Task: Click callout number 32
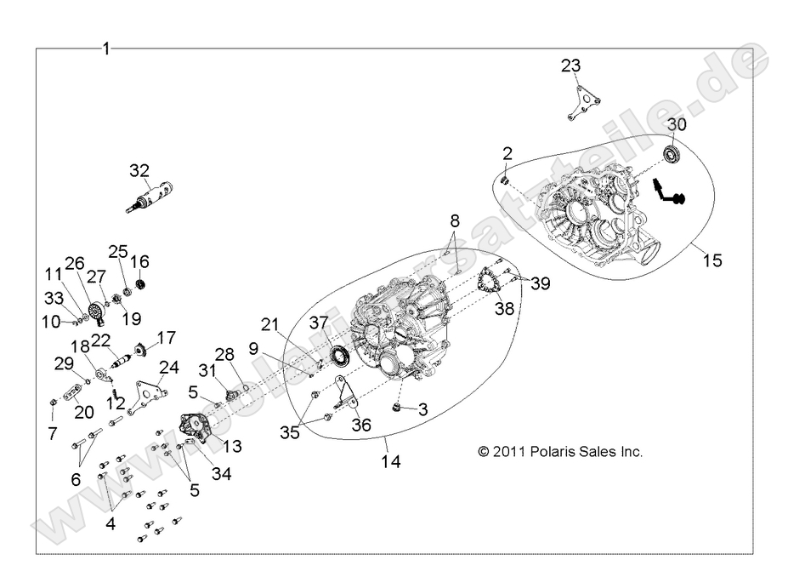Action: click(x=138, y=170)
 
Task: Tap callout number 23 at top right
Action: click(x=571, y=66)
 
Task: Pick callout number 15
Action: click(x=712, y=260)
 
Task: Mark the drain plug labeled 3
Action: click(x=397, y=410)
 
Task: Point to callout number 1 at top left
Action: click(x=105, y=49)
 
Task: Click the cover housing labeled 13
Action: click(x=197, y=426)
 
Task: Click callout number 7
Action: click(x=53, y=433)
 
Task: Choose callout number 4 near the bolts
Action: click(x=111, y=524)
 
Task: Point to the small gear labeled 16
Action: click(x=143, y=283)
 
